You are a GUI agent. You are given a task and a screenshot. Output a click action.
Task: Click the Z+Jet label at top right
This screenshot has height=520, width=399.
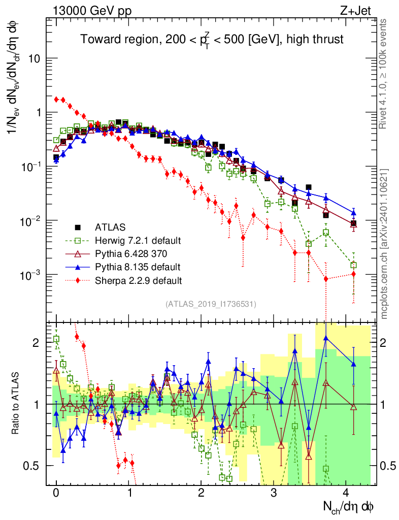click(x=355, y=11)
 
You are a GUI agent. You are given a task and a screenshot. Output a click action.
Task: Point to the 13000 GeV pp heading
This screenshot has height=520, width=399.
click(x=92, y=11)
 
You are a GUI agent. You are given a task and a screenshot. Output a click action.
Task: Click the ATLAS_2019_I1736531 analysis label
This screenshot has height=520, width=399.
click(x=211, y=304)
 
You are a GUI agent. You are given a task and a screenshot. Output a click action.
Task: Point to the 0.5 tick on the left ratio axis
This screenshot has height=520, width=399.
click(x=31, y=466)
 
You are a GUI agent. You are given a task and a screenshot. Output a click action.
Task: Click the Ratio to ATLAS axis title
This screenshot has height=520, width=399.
click(x=15, y=403)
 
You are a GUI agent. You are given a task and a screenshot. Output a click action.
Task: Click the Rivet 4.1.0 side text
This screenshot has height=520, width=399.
click(x=383, y=74)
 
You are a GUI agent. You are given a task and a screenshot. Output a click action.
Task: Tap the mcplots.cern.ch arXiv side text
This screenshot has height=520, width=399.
click(x=384, y=244)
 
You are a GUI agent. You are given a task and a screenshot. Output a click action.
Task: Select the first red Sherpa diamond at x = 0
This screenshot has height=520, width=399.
click(x=57, y=99)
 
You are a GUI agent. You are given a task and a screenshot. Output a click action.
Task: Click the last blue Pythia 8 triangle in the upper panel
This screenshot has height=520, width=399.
click(x=354, y=213)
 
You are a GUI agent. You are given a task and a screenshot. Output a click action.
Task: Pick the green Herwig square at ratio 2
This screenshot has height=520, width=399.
click(x=56, y=339)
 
